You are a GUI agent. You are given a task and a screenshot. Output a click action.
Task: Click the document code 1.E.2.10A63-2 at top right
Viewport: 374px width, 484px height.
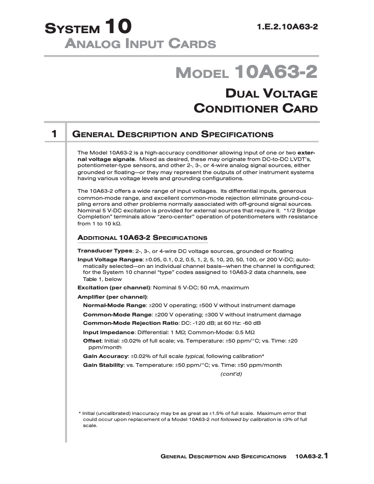click(287, 27)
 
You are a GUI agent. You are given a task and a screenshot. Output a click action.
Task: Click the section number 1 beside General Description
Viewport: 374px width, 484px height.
click(54, 134)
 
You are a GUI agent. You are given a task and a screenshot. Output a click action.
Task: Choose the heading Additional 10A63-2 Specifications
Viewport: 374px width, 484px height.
click(142, 237)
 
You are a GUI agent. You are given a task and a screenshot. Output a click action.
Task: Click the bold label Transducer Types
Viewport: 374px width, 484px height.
click(104, 251)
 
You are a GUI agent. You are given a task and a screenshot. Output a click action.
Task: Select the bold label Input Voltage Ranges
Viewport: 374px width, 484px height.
click(110, 260)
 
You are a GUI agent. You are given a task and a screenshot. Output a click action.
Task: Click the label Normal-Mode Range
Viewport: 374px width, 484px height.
click(114, 305)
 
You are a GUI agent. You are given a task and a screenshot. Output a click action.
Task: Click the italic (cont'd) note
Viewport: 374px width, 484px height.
click(231, 374)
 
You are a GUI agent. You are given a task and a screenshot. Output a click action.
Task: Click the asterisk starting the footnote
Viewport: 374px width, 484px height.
click(80, 414)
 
